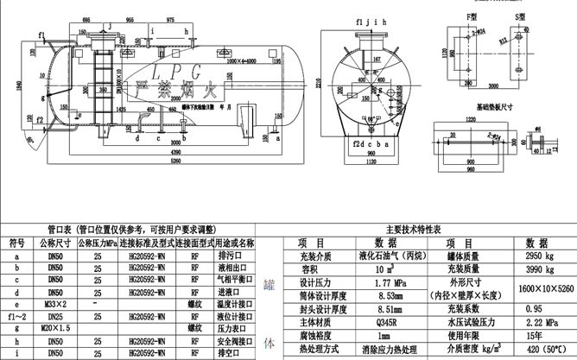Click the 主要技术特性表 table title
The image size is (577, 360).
(413, 230)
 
